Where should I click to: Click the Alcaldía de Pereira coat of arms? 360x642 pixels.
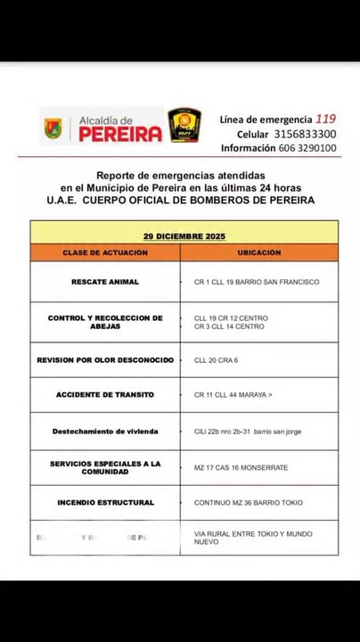point(53,128)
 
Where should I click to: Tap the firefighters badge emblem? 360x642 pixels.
point(184,126)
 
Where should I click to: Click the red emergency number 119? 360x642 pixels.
point(326,118)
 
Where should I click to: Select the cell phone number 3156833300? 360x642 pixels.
point(304,133)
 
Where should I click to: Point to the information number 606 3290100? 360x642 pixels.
point(306,148)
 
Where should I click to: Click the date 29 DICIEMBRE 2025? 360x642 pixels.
point(184,236)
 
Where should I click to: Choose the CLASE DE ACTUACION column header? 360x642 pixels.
point(105,253)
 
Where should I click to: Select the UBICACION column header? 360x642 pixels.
point(258,253)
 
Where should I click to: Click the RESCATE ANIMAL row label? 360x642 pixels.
point(105,282)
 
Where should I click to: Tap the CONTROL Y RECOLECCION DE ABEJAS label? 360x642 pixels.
point(105,322)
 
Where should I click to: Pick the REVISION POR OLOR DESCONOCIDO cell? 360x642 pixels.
point(105,360)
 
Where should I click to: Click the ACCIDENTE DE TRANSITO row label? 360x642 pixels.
point(105,395)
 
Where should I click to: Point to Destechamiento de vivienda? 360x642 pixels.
point(105,432)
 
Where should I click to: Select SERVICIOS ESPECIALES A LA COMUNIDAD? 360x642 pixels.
point(105,467)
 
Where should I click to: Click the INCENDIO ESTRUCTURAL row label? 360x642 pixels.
point(105,503)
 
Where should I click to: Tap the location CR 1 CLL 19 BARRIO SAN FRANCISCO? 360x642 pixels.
point(257,282)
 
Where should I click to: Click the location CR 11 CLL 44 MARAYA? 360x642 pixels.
point(233,395)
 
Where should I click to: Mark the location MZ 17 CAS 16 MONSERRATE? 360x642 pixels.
point(241,467)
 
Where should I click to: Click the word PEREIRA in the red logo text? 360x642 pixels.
point(121,135)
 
